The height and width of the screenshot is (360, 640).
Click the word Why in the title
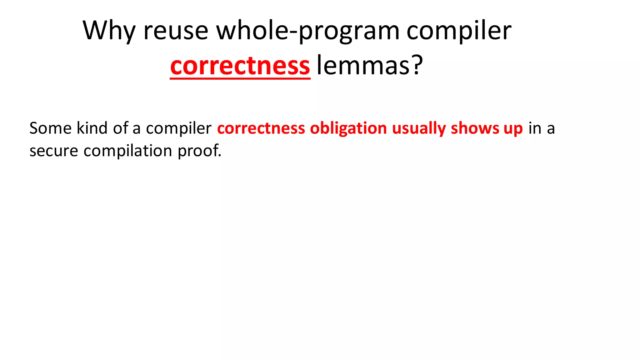[109, 30]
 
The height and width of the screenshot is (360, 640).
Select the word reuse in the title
[176, 30]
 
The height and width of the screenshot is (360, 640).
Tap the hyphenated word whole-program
[308, 30]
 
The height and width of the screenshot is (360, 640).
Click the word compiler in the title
[459, 30]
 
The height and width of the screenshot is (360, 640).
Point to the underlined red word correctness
[240, 66]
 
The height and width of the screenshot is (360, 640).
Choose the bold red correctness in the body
[261, 128]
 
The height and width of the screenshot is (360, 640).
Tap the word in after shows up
[535, 128]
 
